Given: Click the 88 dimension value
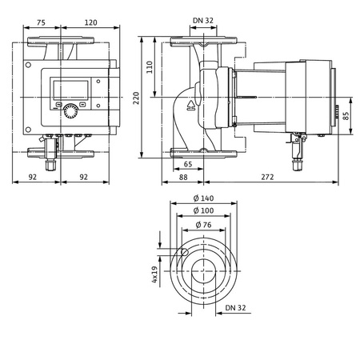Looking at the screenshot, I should click(183, 177).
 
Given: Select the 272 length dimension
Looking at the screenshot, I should click(270, 177).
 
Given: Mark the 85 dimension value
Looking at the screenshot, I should click(346, 115).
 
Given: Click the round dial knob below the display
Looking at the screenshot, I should click(73, 109).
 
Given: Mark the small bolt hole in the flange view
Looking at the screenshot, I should click(184, 254).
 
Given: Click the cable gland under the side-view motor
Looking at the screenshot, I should click(301, 150).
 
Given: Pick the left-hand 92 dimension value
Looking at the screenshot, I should click(34, 177).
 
